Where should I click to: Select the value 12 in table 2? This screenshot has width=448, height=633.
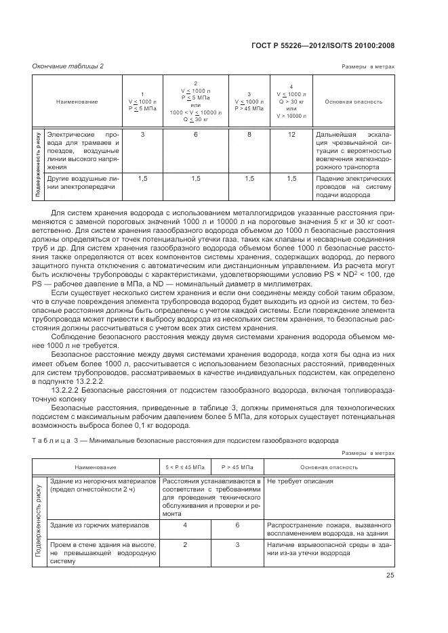291,135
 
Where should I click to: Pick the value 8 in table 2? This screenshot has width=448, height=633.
249,135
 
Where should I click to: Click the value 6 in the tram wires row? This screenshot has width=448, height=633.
196,135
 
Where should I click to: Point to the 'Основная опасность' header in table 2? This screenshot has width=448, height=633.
353,102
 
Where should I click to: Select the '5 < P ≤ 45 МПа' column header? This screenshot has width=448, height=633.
185,467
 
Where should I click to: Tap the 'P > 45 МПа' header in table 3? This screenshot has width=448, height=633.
237,467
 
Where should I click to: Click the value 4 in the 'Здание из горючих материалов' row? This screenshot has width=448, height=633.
185,525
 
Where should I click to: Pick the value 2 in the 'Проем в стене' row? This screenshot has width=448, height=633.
185,544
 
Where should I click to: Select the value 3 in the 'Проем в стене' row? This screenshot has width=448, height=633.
237,544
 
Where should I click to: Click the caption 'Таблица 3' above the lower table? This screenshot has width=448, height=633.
49,440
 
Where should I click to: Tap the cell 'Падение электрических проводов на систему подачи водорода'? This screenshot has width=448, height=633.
353,186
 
